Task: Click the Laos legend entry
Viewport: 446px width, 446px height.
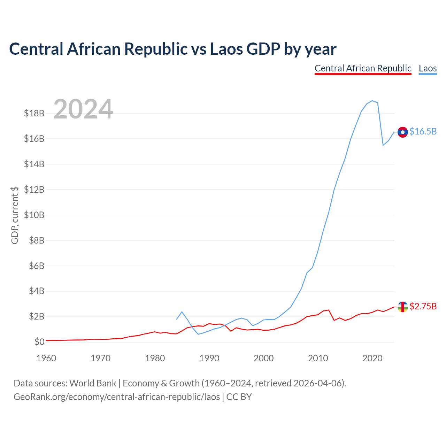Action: click(x=428, y=68)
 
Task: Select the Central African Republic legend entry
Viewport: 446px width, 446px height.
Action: click(x=363, y=68)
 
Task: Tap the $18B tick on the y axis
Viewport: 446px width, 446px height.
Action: click(x=34, y=113)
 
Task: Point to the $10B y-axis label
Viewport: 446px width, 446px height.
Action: click(x=34, y=215)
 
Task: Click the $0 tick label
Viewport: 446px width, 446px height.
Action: click(x=39, y=342)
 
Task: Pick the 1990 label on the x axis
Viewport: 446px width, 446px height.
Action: click(x=209, y=358)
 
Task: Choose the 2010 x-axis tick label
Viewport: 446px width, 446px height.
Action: click(x=318, y=358)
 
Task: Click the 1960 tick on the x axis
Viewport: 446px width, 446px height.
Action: click(x=46, y=358)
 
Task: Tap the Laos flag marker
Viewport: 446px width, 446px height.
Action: click(x=402, y=132)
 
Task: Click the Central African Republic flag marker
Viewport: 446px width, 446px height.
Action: click(x=402, y=307)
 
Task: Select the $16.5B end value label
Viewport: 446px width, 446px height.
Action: click(x=423, y=131)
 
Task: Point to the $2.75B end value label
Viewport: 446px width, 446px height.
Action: click(x=423, y=306)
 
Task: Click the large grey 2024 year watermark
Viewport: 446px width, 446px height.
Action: click(x=83, y=109)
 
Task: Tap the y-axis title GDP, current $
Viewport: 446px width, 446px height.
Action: click(x=15, y=215)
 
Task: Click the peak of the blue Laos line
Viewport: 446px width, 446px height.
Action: click(x=372, y=101)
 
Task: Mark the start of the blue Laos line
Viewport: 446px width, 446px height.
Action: click(x=177, y=319)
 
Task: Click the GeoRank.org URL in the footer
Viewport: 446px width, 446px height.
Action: click(x=117, y=397)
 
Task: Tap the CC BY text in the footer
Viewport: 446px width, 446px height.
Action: click(x=239, y=397)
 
